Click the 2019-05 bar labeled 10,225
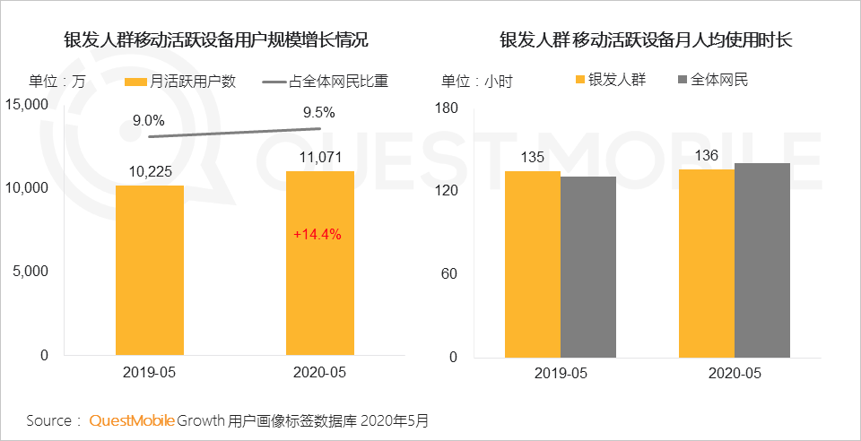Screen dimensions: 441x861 coord(150,270)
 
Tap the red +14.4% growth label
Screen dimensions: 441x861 coord(318,235)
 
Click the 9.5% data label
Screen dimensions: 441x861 coord(318,113)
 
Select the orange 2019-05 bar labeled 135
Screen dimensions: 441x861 coord(533,264)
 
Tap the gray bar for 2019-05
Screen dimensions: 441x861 coord(588,266)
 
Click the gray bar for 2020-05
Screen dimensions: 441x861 coord(761,260)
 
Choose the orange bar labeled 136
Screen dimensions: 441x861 coord(706,263)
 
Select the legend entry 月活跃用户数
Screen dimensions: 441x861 coord(180,82)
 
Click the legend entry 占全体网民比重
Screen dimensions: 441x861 coord(331,82)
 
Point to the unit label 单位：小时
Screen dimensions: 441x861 coord(476,82)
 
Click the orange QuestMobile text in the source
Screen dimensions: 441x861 coord(131,420)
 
